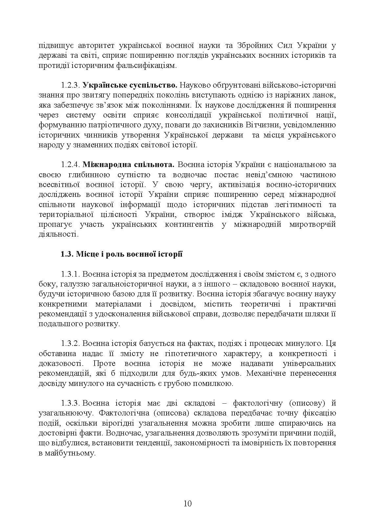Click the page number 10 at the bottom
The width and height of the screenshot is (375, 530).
point(187,503)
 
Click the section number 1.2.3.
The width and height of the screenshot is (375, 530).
point(70,85)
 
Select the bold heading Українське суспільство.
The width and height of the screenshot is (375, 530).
point(130,85)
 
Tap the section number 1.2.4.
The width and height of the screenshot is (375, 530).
point(70,165)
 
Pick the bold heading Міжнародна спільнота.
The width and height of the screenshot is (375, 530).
point(128,165)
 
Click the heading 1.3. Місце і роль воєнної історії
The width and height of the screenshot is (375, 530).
point(121,254)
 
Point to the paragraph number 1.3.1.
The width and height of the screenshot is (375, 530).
point(70,274)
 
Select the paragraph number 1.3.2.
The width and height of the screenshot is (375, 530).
point(70,344)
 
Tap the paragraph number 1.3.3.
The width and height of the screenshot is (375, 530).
point(70,403)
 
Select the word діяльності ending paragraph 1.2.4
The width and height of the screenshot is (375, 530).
point(58,234)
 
